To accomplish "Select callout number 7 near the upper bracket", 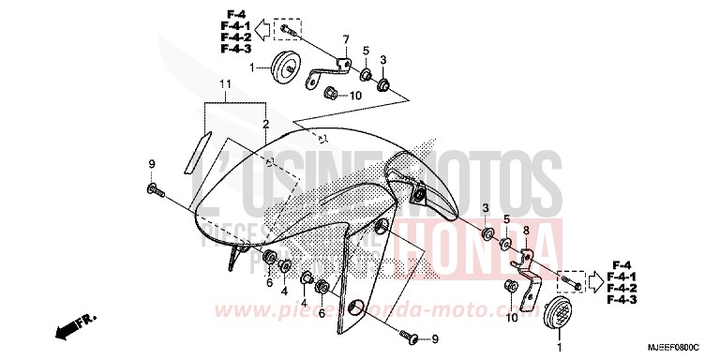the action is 345,39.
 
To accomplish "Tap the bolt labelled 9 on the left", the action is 155,191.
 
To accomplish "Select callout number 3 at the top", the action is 383,60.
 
